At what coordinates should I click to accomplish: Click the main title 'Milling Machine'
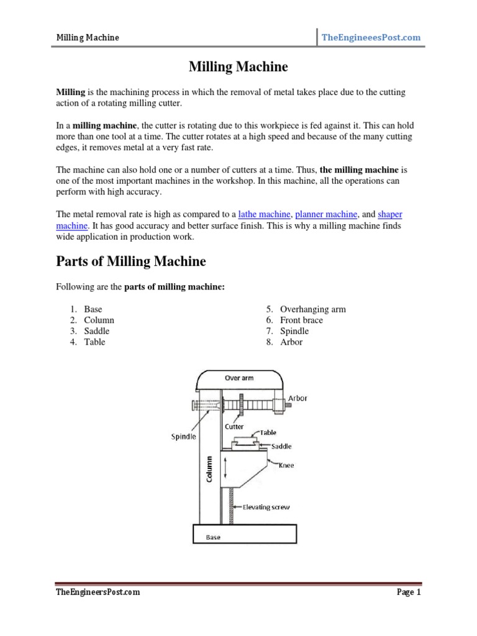click(238, 66)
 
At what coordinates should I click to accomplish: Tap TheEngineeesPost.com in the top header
click(371, 38)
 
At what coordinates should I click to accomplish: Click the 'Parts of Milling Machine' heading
click(131, 261)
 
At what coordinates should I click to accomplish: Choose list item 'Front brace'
click(301, 320)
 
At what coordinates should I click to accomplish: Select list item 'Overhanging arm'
click(312, 309)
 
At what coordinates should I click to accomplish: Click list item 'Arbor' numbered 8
click(291, 342)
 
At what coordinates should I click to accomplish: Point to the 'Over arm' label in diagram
click(238, 378)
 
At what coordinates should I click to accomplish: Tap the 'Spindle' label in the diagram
click(184, 437)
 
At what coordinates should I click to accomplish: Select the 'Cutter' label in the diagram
click(234, 427)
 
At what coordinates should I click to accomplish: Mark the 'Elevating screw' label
click(266, 507)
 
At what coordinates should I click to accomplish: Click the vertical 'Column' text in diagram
click(209, 470)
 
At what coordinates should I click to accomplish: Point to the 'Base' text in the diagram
click(213, 537)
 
